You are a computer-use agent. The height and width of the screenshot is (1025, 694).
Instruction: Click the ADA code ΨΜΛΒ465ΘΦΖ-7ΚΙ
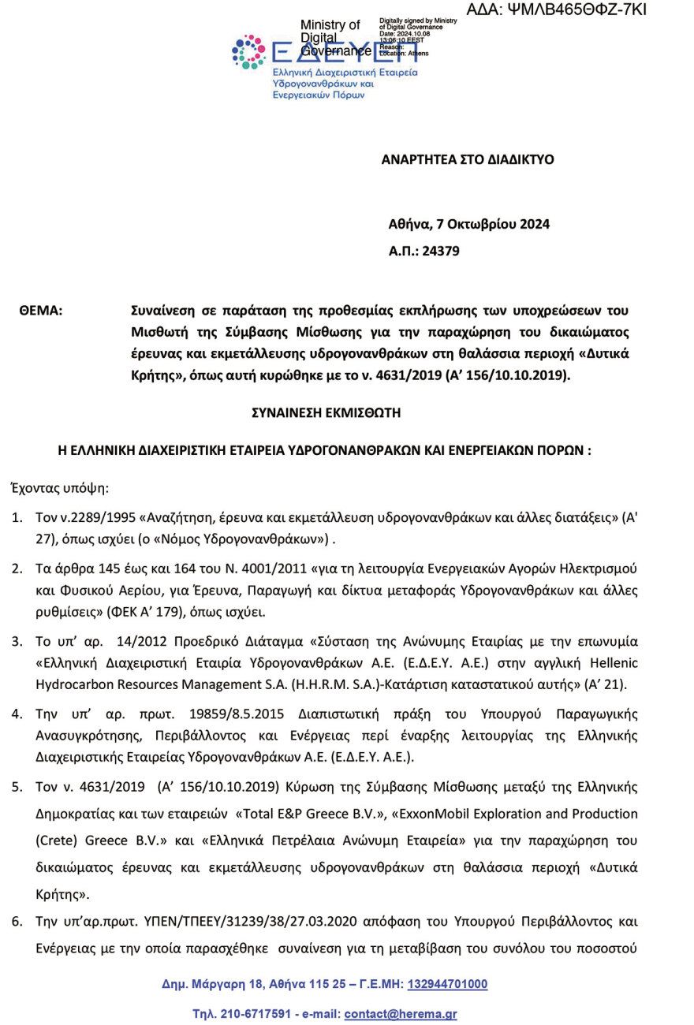(557, 9)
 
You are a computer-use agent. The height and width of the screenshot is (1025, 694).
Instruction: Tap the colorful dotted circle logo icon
(248, 52)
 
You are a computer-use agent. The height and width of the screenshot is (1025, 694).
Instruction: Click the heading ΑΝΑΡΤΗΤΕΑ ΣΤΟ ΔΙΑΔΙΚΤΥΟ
(468, 159)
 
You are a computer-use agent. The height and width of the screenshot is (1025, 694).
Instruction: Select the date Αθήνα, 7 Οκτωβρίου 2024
(469, 224)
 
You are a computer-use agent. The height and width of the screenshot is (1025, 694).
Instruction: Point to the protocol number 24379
(442, 252)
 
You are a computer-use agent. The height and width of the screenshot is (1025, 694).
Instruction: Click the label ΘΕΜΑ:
(40, 311)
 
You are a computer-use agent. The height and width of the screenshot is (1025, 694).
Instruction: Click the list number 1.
(16, 519)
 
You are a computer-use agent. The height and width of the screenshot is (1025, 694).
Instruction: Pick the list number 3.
(16, 641)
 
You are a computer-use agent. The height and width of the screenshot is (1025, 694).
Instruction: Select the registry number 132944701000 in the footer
(447, 984)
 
